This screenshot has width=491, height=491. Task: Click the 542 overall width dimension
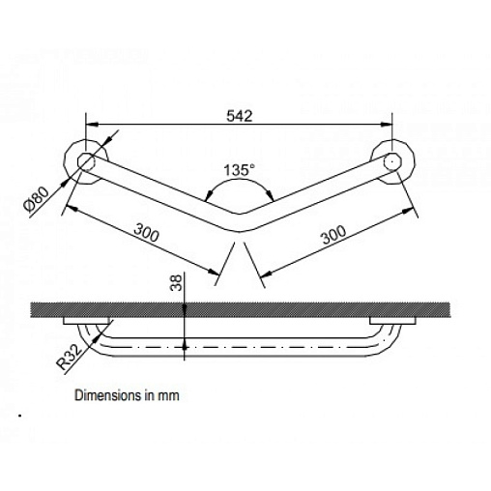click(240, 116)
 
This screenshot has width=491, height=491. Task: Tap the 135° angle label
click(239, 170)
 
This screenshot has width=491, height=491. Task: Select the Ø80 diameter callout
click(37, 199)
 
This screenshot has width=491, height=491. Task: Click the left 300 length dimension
click(147, 232)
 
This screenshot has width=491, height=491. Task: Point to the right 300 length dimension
click(334, 234)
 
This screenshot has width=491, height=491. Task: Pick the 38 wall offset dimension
click(177, 282)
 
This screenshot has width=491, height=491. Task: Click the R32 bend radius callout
click(68, 357)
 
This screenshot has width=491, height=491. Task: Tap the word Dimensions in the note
click(108, 395)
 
